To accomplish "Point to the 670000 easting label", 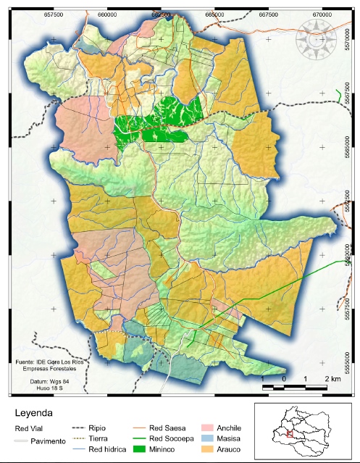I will tap(322, 13).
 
